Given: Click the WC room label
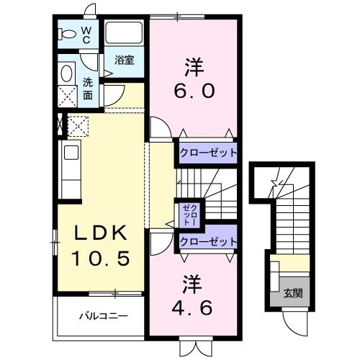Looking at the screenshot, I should [86, 35].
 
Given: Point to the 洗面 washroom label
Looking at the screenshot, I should [87, 88].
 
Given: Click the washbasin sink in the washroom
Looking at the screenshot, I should [67, 73].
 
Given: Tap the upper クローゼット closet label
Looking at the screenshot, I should [208, 153].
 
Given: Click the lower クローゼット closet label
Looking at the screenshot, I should [208, 241].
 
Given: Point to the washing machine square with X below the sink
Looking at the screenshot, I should [66, 96].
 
